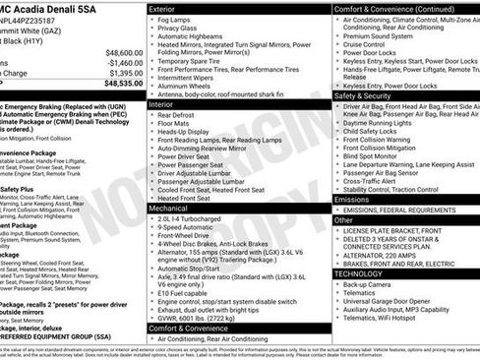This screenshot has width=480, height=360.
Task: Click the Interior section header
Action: pyautogui.click(x=163, y=102)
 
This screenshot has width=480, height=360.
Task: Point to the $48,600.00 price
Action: pyautogui.click(x=124, y=52)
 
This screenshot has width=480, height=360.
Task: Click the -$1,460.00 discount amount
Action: pyautogui.click(x=124, y=62)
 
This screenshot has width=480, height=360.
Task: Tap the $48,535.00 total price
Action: pyautogui.click(x=124, y=87)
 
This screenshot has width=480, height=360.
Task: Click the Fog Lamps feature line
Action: pyautogui.click(x=176, y=20)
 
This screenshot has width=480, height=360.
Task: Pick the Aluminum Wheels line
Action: pyautogui.click(x=187, y=85)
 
